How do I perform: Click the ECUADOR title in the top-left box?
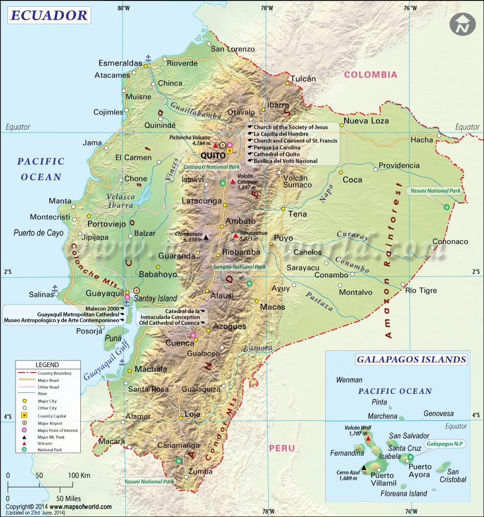tap(48, 15)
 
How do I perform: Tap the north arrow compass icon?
tap(462, 24)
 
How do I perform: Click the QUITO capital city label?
tap(213, 156)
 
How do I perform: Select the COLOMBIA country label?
tap(370, 74)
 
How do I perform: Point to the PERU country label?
tap(282, 448)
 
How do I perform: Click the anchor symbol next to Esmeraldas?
tap(149, 58)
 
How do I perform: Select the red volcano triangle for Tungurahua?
tap(236, 236)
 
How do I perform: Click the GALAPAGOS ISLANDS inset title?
tap(411, 359)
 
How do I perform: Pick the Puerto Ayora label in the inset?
tap(419, 471)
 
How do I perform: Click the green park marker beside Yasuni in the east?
tap(446, 207)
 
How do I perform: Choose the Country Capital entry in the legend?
tap(52, 416)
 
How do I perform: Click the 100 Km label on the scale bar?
tap(79, 475)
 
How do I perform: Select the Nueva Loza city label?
tap(366, 121)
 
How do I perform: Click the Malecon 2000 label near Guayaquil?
tap(102, 308)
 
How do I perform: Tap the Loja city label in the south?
tap(193, 414)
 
